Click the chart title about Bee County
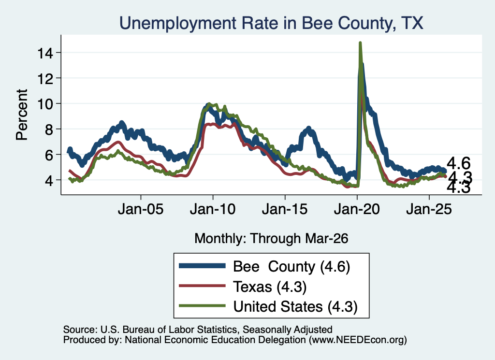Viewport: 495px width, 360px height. click(271, 23)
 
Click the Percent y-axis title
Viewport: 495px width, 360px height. click(22, 115)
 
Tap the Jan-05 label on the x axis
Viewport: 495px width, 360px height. click(141, 209)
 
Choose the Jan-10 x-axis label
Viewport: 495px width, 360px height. click(213, 209)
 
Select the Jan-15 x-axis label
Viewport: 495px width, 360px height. click(285, 209)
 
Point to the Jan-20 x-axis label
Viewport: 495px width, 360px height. click(357, 209)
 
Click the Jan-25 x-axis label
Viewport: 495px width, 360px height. click(429, 209)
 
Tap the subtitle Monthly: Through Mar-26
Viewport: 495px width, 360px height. click(271, 238)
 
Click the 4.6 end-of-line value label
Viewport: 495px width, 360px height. click(459, 163)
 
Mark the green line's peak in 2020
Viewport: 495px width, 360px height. click(360, 43)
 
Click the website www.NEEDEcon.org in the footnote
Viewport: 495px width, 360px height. click(358, 340)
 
